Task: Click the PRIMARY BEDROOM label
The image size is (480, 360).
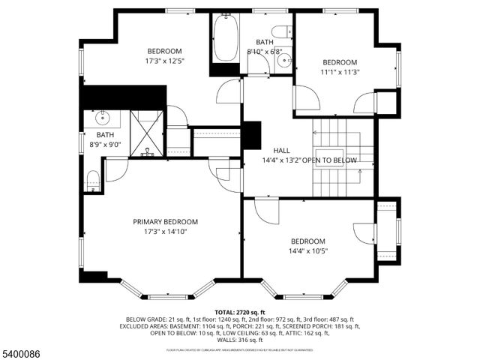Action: [165, 221]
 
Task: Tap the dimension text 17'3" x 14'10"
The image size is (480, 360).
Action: [165, 232]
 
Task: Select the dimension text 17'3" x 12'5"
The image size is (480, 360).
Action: [164, 61]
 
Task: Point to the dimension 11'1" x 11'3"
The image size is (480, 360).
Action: [340, 73]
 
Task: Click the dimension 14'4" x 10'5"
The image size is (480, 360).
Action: [308, 251]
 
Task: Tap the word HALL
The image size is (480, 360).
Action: [281, 150]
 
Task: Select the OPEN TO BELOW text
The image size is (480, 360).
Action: [334, 160]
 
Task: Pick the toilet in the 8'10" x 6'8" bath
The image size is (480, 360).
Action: [282, 31]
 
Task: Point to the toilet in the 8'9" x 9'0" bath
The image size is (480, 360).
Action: [93, 180]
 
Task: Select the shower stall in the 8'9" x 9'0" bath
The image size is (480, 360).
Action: [146, 133]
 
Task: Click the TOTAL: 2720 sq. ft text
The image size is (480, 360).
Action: [240, 312]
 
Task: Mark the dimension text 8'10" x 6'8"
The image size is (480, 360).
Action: [265, 52]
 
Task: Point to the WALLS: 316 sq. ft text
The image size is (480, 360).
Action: [240, 340]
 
